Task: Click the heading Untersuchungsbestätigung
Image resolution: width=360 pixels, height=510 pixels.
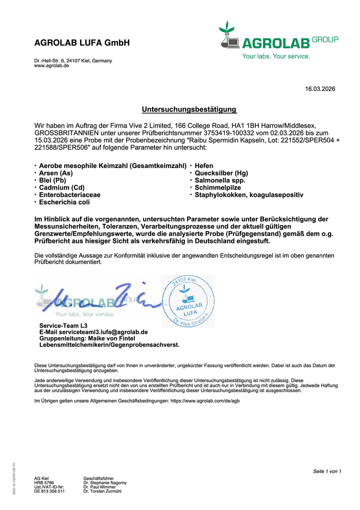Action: pos(189,109)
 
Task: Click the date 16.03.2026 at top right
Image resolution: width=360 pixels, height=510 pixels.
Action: pos(320,89)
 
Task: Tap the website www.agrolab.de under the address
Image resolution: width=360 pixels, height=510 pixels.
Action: pos(51,66)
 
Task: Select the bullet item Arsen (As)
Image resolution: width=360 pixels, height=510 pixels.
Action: pos(56,173)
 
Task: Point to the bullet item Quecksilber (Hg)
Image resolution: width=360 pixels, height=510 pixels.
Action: pos(221,173)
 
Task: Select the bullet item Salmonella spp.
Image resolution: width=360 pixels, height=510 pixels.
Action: pos(220,180)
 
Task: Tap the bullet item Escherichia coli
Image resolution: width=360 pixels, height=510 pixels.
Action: pos(64,203)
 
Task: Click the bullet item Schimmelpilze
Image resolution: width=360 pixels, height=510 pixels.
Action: pos(217,188)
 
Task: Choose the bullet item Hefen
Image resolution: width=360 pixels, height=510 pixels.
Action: pos(204,166)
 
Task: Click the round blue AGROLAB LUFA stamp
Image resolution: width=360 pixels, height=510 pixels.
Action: pos(188,302)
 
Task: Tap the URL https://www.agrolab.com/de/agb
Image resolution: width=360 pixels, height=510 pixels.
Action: pos(205,401)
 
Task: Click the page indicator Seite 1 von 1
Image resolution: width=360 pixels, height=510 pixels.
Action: pos(327,471)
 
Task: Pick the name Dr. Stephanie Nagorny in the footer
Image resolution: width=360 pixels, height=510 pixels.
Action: pos(105,483)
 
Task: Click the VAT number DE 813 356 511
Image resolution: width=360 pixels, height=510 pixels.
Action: pos(49,491)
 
